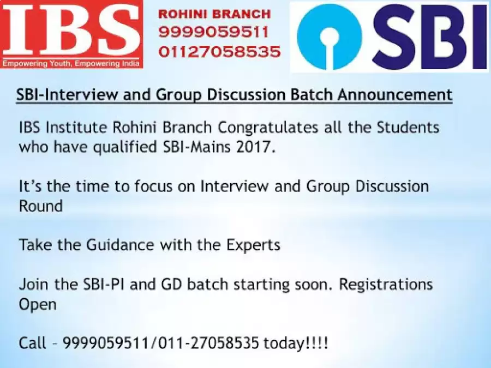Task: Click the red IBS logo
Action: (71, 34)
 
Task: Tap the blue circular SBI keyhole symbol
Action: (330, 37)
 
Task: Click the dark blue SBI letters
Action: (427, 37)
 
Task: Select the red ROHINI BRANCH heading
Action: (214, 14)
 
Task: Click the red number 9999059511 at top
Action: (214, 32)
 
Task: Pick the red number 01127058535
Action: (219, 52)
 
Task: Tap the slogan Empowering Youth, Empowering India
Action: (71, 64)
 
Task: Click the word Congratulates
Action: (268, 128)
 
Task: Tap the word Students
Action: (408, 128)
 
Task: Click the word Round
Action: (41, 206)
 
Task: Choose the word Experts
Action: (253, 245)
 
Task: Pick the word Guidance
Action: (120, 245)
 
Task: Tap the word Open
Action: (38, 305)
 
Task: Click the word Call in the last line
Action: (33, 343)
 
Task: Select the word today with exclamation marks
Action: (296, 343)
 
